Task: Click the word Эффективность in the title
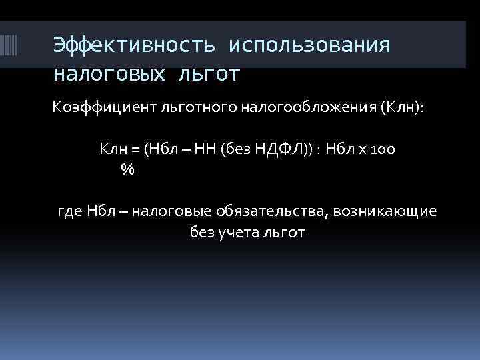point(134,45)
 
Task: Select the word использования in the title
point(308,45)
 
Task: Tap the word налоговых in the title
point(107,72)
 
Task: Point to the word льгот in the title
point(208,72)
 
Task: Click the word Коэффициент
point(101,109)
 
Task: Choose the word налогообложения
point(300,109)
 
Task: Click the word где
point(70,212)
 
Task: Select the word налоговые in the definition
point(169,212)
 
